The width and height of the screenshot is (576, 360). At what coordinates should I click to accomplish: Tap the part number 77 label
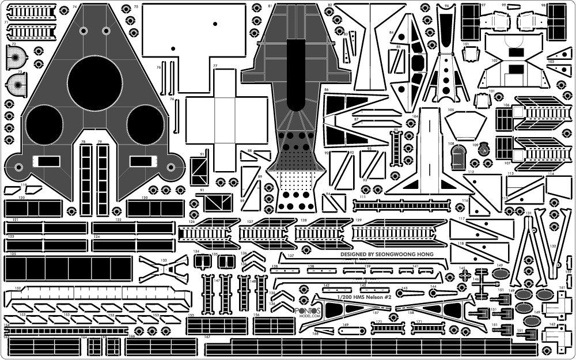tap(215, 66)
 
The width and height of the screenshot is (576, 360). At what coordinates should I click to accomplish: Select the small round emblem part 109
tap(484, 148)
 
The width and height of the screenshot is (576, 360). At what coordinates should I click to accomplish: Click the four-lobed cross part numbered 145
tap(465, 276)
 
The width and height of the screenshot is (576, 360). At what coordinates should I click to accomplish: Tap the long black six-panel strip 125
tap(57, 268)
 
